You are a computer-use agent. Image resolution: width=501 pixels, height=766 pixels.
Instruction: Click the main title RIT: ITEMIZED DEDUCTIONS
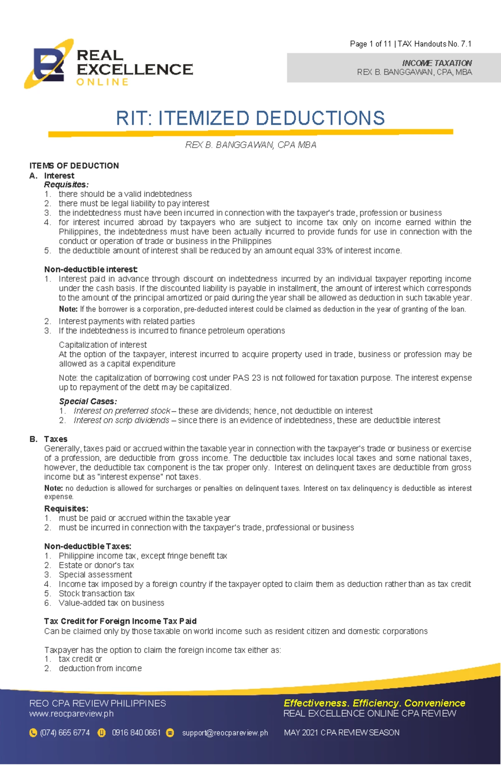pyautogui.click(x=250, y=118)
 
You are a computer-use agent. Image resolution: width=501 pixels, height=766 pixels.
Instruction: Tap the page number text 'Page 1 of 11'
pyautogui.click(x=370, y=44)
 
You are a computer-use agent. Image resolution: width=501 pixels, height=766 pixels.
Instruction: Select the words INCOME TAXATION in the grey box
pyautogui.click(x=437, y=63)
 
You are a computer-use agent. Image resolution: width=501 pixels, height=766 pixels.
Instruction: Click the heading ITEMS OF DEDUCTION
pyautogui.click(x=74, y=166)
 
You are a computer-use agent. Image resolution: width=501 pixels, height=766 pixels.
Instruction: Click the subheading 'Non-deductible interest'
pyautogui.click(x=91, y=269)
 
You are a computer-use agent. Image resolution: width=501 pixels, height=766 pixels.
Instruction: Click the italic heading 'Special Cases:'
pyautogui.click(x=88, y=402)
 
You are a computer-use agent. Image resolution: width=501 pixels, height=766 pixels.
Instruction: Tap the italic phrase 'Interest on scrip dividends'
pyautogui.click(x=121, y=420)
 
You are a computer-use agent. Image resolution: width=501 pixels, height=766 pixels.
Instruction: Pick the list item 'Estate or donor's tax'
pyautogui.click(x=96, y=565)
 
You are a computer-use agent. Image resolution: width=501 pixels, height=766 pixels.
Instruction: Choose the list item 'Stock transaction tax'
pyautogui.click(x=96, y=594)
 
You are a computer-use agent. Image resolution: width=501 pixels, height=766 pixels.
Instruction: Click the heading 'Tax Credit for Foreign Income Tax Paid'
pyautogui.click(x=120, y=621)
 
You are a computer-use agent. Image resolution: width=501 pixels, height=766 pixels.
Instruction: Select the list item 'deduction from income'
pyautogui.click(x=100, y=668)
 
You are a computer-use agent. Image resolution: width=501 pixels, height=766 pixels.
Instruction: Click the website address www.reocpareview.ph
pyautogui.click(x=71, y=713)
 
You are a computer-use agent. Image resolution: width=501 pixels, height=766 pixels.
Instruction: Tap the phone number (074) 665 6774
pyautogui.click(x=65, y=733)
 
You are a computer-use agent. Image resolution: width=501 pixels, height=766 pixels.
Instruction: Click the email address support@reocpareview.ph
pyautogui.click(x=225, y=733)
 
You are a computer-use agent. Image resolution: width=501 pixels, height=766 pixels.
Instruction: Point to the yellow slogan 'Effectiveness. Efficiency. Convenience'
pyautogui.click(x=374, y=703)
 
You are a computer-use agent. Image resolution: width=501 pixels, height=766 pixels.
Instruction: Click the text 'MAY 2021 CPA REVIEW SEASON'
pyautogui.click(x=342, y=733)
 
